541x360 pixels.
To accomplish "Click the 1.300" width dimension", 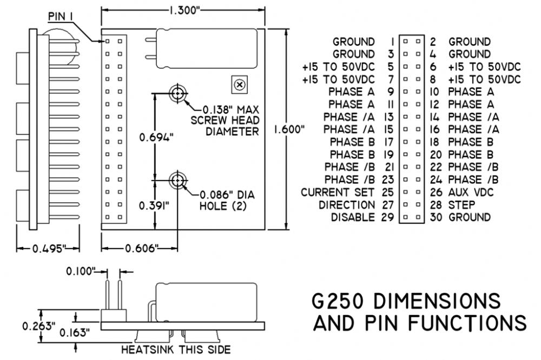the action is click(184, 10).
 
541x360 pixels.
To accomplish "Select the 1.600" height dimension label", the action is click(289, 129).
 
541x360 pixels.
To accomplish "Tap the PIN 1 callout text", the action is click(61, 16).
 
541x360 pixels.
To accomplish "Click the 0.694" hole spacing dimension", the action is click(156, 137).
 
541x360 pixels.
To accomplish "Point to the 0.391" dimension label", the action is click(154, 205).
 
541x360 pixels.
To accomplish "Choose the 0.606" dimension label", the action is click(142, 248).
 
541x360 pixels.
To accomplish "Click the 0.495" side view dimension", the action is click(49, 248).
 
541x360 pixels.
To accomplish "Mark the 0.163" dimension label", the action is click(75, 332).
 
